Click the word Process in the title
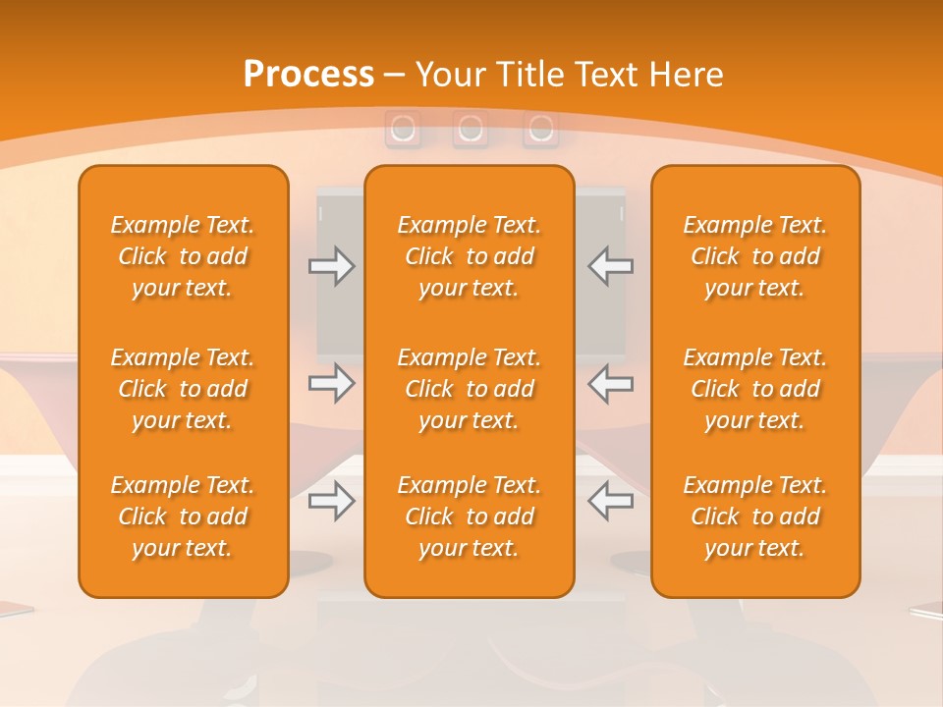(308, 75)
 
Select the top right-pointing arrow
(332, 265)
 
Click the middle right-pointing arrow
(332, 383)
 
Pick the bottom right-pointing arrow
(332, 501)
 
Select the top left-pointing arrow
(610, 265)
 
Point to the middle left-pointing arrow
(610, 383)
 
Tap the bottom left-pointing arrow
(610, 501)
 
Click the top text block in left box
(183, 256)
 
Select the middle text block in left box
(183, 389)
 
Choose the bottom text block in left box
(183, 517)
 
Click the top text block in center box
(469, 256)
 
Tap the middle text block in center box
(469, 389)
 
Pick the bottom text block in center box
(469, 517)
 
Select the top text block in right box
(754, 256)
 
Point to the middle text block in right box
(754, 389)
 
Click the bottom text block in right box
(754, 517)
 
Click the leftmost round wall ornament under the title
(402, 129)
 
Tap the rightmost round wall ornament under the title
(539, 129)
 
